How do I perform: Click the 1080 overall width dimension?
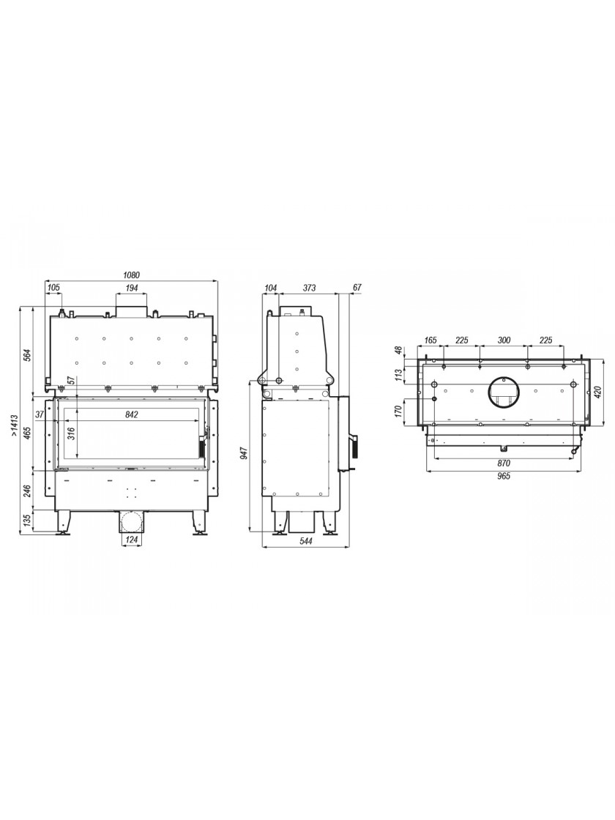click(x=132, y=275)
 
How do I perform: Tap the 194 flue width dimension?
click(x=131, y=288)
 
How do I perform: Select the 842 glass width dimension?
click(x=131, y=414)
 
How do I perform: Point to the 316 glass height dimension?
click(x=72, y=434)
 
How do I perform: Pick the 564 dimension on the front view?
click(x=29, y=354)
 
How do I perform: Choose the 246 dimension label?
click(x=29, y=491)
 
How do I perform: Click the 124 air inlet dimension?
click(x=131, y=539)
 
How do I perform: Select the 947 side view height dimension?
click(x=256, y=452)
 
